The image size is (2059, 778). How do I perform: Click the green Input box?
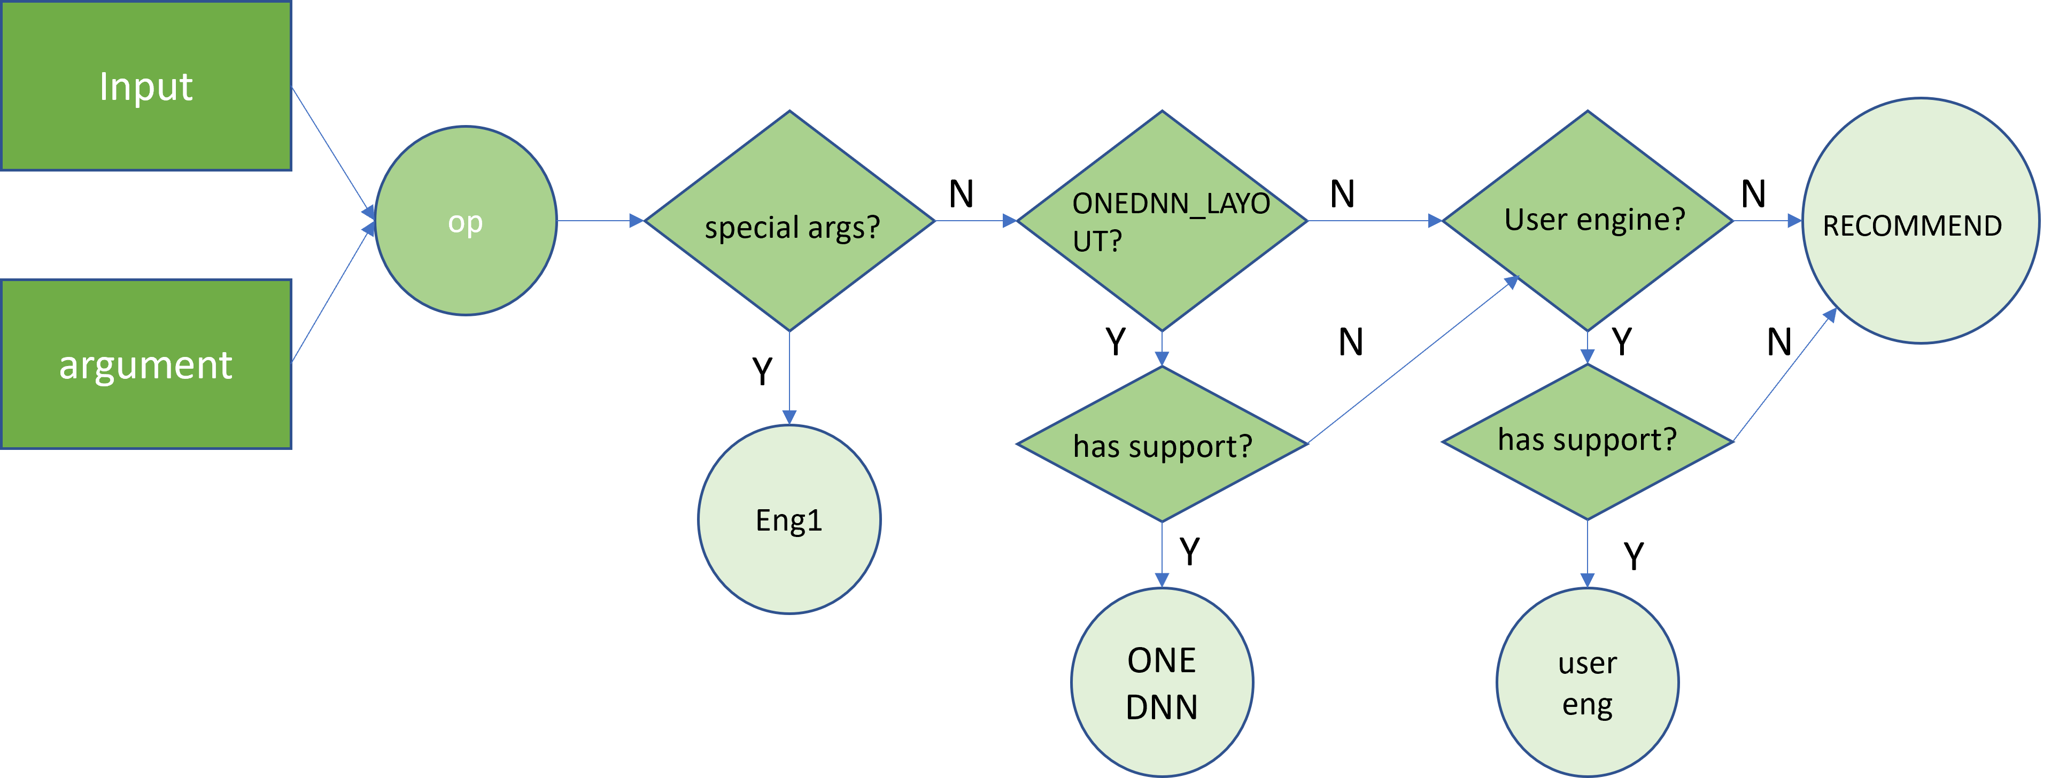pos(146,85)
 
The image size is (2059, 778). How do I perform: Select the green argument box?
pos(146,364)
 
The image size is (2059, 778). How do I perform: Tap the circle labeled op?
pos(465,221)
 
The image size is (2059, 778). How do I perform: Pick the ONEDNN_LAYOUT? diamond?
pos(1162,221)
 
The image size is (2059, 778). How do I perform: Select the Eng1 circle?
pos(789,520)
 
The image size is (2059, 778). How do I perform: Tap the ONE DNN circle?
pos(1162,683)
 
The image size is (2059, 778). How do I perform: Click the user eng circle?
pos(1588,683)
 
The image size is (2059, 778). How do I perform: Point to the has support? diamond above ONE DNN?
pos(1162,445)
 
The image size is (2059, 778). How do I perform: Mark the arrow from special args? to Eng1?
pos(789,376)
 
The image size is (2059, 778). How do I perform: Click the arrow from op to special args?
pos(600,221)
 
